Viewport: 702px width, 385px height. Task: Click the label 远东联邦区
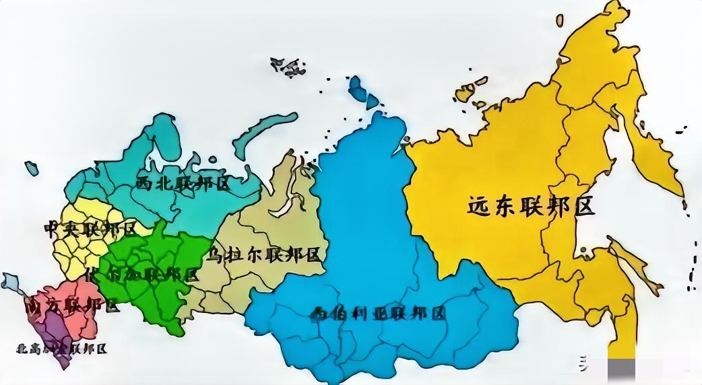click(532, 207)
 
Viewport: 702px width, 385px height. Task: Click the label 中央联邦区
click(90, 229)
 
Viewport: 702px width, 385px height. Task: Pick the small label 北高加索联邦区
click(62, 349)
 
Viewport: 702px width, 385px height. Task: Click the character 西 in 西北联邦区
click(144, 184)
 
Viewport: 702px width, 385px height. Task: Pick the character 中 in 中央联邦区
click(52, 229)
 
